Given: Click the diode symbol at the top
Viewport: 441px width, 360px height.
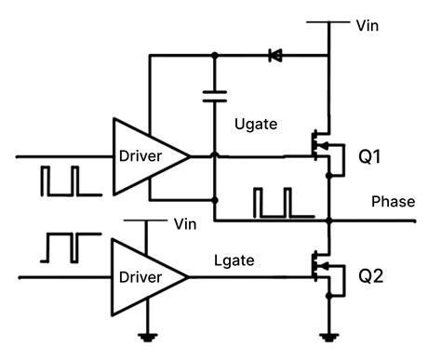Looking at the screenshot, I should [x=275, y=56].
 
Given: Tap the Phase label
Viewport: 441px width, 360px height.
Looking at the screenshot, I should [x=393, y=202].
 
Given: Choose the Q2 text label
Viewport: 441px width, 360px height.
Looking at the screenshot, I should [x=369, y=276].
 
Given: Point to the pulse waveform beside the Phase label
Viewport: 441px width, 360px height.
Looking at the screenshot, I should [x=274, y=201].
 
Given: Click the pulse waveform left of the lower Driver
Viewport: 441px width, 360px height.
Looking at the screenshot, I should [x=60, y=247].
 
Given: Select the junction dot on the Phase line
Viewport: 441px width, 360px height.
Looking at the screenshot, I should [x=329, y=222].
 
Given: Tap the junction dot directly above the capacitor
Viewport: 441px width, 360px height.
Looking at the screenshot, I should [x=215, y=56].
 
